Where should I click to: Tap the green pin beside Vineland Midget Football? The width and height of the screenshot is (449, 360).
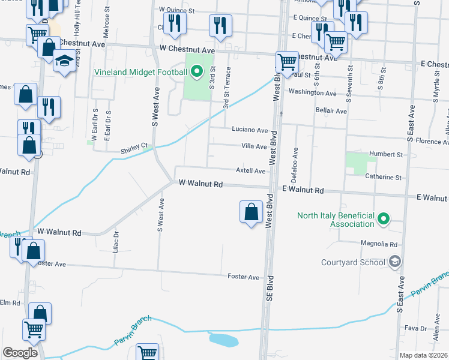[x=196, y=73]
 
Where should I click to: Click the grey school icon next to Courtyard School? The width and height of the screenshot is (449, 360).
[x=394, y=261]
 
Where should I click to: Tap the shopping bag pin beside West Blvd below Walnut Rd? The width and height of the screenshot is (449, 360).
[x=251, y=212]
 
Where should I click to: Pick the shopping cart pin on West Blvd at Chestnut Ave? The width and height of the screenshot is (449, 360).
[x=287, y=62]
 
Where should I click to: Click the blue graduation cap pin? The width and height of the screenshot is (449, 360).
[x=64, y=61]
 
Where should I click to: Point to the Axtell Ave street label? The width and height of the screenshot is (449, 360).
[x=250, y=171]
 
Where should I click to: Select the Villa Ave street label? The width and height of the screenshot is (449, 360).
[x=253, y=146]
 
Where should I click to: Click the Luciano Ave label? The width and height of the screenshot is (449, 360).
[x=250, y=130]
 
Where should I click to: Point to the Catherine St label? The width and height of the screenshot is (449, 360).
[x=385, y=178]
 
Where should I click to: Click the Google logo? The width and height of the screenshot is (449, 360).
[x=20, y=352]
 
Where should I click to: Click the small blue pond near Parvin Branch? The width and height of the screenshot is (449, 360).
[x=224, y=340]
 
